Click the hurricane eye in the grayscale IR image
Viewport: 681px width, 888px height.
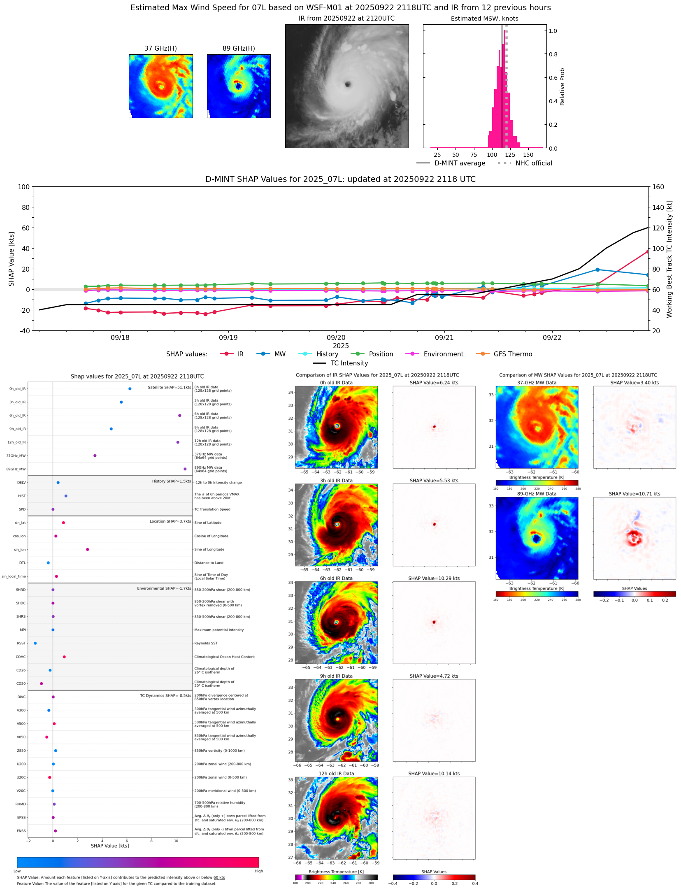pos(348,84)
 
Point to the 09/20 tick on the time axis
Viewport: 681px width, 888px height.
pos(336,337)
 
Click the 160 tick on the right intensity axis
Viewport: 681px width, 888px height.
pos(658,187)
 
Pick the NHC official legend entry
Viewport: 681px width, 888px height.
pos(533,163)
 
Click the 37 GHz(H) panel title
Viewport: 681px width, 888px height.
pos(160,49)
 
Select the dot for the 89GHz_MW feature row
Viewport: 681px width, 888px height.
pos(185,469)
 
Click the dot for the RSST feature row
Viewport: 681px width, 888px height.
pos(35,643)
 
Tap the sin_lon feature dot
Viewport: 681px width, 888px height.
pos(87,549)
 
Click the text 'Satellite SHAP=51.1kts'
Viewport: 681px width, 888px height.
pos(169,387)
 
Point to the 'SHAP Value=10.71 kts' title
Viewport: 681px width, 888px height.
pos(634,494)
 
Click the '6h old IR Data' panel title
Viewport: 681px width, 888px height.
pos(336,578)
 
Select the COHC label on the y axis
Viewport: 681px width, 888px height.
pos(21,657)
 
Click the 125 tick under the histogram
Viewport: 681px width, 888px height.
pos(510,155)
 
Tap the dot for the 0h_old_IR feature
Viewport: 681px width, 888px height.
pos(130,388)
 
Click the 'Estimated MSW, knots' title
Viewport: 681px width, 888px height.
pos(484,19)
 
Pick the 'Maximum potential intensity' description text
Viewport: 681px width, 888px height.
pos(219,630)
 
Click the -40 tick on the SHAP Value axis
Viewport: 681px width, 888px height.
pos(23,331)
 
